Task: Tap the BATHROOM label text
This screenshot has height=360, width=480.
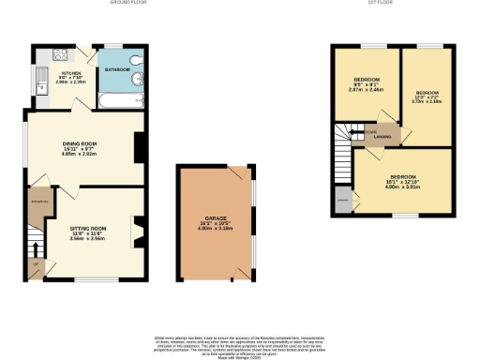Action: click(117, 69)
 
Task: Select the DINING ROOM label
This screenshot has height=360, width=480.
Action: click(81, 144)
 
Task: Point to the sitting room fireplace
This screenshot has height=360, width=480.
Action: click(139, 231)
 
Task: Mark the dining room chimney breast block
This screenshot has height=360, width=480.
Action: click(138, 147)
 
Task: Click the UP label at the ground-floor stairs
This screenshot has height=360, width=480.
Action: click(36, 265)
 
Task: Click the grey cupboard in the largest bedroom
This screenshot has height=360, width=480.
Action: click(344, 200)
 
